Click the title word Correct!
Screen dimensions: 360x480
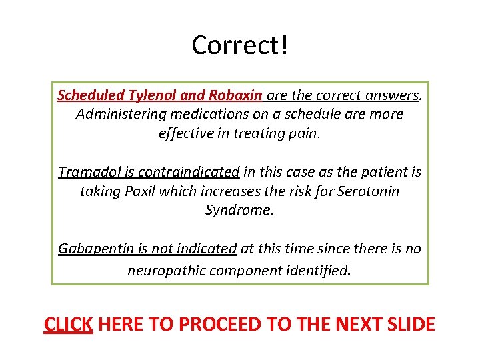pyautogui.click(x=240, y=45)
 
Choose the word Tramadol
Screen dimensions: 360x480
pyautogui.click(x=86, y=172)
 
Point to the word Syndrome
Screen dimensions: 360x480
pyautogui.click(x=239, y=210)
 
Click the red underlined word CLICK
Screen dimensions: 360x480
pyautogui.click(x=68, y=325)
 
